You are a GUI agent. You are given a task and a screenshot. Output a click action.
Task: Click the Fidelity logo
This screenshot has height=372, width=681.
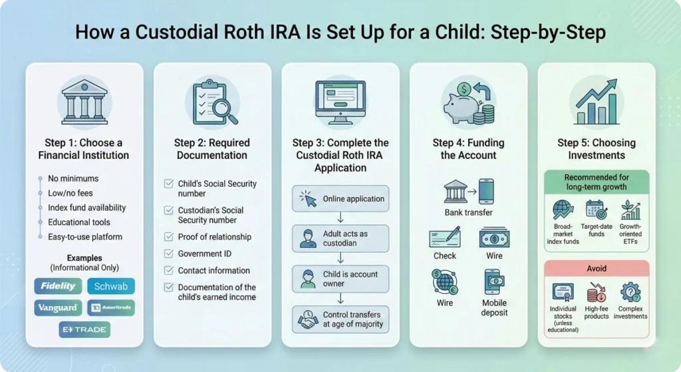(58, 286)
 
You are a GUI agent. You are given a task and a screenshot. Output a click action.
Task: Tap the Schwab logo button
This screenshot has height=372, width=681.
(110, 286)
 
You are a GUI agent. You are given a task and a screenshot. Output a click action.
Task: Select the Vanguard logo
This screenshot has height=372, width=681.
(58, 308)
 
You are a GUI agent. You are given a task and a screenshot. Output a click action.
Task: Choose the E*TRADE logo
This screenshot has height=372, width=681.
(84, 329)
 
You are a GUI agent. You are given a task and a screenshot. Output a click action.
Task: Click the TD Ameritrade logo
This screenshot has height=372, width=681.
(111, 308)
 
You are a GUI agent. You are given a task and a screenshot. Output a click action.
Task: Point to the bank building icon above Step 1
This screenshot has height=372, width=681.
(84, 102)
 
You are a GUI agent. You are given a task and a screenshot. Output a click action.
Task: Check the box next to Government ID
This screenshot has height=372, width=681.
(168, 254)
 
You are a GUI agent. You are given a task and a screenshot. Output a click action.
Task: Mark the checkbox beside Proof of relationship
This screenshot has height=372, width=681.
(168, 237)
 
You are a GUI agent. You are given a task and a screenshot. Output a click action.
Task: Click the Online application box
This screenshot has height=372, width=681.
(340, 198)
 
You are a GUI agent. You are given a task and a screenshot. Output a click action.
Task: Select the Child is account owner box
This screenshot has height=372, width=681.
(340, 279)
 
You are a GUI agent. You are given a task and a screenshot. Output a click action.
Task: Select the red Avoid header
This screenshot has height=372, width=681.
(597, 269)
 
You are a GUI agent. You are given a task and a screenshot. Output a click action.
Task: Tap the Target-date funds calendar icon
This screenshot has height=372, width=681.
(596, 211)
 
